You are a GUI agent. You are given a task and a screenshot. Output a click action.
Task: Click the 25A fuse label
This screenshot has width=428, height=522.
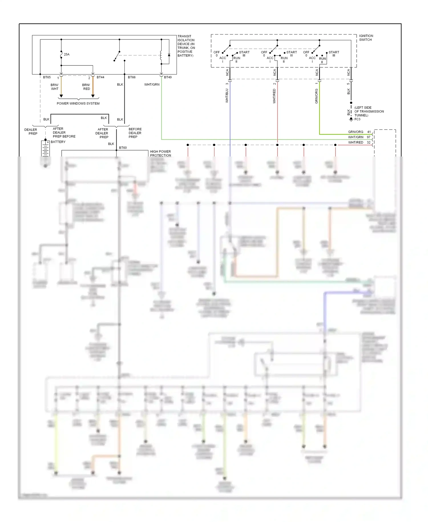(66, 54)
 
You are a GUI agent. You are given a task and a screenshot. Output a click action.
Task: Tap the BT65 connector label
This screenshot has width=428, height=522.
(47, 77)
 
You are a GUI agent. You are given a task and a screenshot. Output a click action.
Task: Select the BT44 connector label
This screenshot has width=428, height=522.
(100, 77)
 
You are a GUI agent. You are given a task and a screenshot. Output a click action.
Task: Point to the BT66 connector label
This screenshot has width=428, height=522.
(132, 77)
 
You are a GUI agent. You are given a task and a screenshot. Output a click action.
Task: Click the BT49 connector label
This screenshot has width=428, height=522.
(168, 77)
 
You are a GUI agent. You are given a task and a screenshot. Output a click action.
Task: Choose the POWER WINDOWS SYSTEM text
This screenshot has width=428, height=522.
(78, 103)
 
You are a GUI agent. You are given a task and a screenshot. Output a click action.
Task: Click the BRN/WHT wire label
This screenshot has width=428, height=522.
(54, 87)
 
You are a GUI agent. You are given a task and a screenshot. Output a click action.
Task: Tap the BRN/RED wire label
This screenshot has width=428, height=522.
(86, 87)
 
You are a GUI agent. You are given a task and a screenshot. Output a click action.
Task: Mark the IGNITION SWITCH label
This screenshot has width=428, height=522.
(366, 38)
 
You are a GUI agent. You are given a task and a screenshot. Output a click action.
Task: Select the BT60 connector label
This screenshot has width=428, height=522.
(123, 148)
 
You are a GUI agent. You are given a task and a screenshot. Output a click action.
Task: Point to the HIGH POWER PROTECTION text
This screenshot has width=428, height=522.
(160, 153)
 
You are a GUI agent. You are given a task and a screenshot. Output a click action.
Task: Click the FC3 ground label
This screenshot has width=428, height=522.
(357, 119)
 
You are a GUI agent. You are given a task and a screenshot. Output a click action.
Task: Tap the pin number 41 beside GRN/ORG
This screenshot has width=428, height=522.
(369, 132)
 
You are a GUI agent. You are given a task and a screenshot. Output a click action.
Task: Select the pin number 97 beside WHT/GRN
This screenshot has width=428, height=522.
(369, 137)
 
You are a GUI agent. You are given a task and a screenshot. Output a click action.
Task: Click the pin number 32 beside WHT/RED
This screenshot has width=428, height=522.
(369, 142)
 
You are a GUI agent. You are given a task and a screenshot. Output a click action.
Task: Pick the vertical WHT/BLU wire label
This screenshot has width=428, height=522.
(227, 96)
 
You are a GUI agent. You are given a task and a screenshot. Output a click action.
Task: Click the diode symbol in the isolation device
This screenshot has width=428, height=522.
(169, 55)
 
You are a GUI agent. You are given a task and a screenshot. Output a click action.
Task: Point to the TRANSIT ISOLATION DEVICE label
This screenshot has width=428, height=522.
(186, 46)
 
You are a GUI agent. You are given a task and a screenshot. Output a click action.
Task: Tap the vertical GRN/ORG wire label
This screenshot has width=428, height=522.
(316, 96)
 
